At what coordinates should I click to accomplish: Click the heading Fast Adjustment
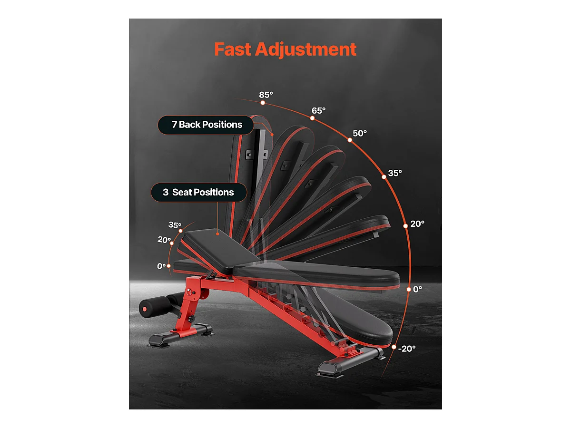tap(285, 49)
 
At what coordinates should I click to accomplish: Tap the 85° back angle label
tap(266, 95)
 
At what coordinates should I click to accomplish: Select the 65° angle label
tap(318, 110)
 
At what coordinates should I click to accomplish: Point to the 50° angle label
tap(359, 133)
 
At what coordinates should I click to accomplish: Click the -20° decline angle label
tap(407, 348)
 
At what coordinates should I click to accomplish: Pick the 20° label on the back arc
tap(417, 224)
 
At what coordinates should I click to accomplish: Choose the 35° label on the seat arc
tap(175, 225)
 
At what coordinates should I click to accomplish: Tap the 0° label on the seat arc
tap(162, 266)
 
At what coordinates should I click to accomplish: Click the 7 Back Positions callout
tap(207, 125)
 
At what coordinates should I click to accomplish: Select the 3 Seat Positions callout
tap(198, 192)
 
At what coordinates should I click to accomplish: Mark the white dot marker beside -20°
tap(394, 347)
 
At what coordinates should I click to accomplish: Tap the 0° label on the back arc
tap(417, 289)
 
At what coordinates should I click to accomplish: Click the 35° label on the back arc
tap(394, 173)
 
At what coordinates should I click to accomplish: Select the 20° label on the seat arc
tap(165, 240)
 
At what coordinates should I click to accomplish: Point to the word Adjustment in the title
tap(305, 49)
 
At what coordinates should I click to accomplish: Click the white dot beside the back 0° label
tap(408, 289)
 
